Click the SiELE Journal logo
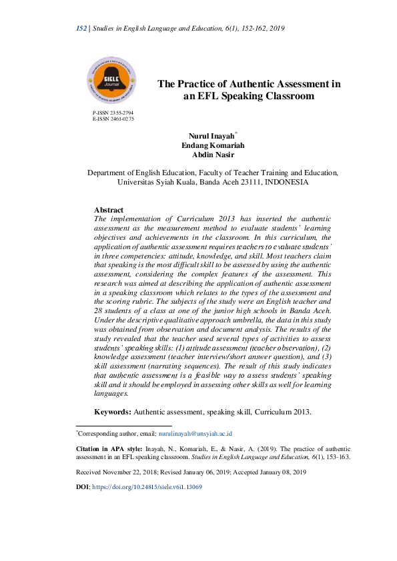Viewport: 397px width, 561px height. pos(112,82)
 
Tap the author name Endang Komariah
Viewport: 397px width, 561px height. pos(206,146)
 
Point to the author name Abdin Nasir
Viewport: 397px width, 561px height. pos(206,155)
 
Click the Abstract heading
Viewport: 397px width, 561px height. pos(109,210)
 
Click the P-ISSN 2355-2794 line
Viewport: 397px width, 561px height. pos(113,113)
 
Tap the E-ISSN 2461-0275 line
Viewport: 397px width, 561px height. pos(113,119)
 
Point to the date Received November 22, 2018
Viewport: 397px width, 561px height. pos(123,472)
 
